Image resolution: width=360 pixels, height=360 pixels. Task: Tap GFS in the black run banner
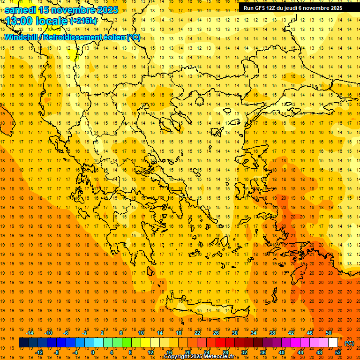click(x=262, y=8)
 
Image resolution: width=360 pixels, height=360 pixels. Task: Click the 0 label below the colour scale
click(x=92, y=352)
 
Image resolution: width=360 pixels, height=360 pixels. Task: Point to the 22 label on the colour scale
click(x=197, y=333)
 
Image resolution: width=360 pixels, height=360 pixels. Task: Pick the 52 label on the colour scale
click(x=338, y=352)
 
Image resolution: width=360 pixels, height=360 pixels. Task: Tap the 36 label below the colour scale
click(x=263, y=352)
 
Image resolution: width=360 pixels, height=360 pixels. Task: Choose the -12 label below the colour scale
click(x=39, y=352)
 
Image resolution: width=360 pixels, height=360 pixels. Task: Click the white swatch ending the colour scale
click(x=333, y=343)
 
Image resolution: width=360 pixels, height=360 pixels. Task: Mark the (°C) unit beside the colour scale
click(x=349, y=343)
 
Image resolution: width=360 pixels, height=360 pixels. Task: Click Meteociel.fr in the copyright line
click(x=222, y=357)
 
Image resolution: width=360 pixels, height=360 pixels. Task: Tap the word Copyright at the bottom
click(x=177, y=357)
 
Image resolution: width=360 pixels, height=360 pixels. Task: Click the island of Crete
click(x=206, y=309)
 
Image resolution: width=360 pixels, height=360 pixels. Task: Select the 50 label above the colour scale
click(x=329, y=333)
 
